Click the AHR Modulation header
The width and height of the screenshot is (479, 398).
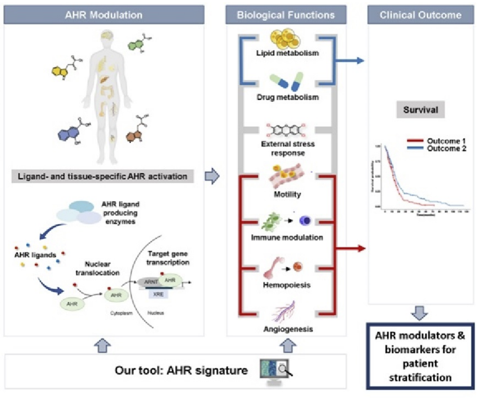[104, 15]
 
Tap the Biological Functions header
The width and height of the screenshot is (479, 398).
[286, 15]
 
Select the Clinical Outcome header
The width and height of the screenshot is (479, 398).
[420, 15]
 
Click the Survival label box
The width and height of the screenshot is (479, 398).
[420, 110]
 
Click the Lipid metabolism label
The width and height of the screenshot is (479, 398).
[287, 53]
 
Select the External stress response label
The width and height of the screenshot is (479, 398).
[288, 148]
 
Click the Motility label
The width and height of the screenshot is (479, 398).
[287, 194]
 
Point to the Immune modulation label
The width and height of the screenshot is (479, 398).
[287, 237]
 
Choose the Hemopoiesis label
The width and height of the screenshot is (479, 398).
[287, 285]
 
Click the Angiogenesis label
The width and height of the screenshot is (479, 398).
[288, 329]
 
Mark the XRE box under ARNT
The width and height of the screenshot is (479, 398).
[158, 294]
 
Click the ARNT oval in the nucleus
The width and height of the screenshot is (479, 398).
[150, 282]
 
